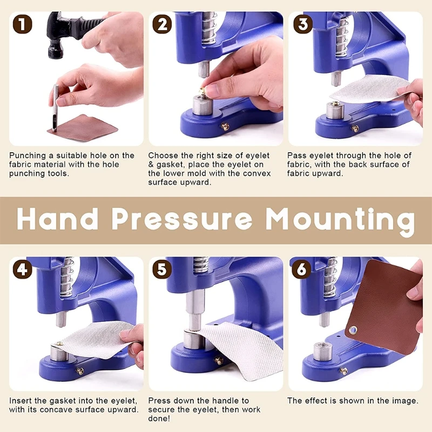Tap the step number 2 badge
coord(162,24)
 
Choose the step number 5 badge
coord(162,269)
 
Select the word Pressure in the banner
coord(183,219)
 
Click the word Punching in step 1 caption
coord(26,156)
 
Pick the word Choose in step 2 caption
coord(162,156)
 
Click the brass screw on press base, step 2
coord(225,127)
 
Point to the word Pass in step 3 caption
coord(296,156)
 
